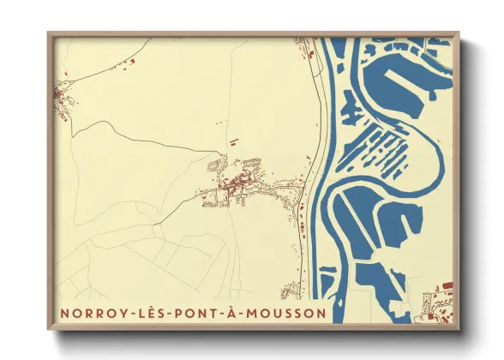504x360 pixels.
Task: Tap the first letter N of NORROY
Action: coord(64,314)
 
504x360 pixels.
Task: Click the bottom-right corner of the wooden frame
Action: coord(459,331)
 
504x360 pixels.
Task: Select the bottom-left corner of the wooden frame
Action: coord(48,331)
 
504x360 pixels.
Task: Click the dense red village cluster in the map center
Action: coord(240,183)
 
